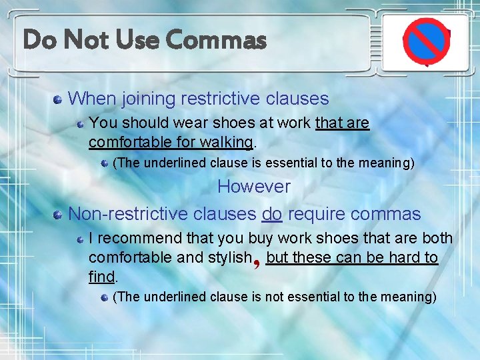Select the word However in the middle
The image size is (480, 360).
point(254,187)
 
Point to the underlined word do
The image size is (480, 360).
point(272,214)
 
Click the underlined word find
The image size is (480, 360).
point(101,275)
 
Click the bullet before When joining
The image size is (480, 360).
point(59,100)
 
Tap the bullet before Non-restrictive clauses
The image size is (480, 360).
point(59,215)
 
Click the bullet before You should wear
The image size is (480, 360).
point(80,124)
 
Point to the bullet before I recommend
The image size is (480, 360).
point(80,239)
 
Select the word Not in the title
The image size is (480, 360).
point(86,41)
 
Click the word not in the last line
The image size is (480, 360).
point(275,297)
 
